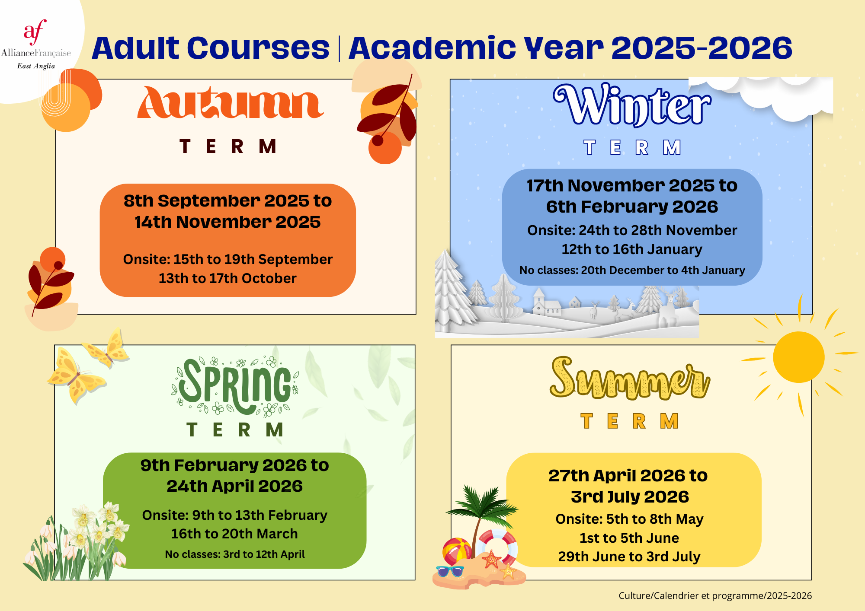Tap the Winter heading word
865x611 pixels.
632,105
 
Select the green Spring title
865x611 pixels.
235,386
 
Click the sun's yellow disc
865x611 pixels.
798,357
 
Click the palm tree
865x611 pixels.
481,519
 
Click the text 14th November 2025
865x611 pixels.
227,222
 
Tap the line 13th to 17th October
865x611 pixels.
227,278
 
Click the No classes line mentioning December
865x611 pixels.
632,270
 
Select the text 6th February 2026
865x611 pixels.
632,207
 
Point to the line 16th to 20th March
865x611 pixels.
234,534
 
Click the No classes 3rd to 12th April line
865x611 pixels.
235,554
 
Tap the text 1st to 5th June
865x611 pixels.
629,538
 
